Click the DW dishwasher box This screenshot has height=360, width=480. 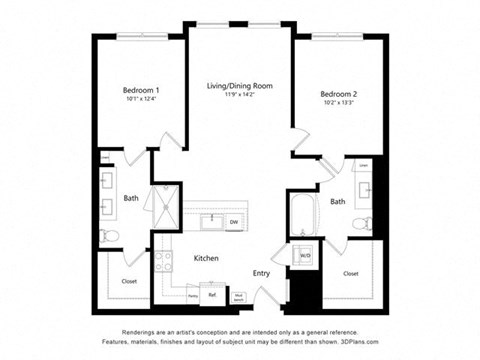(233, 221)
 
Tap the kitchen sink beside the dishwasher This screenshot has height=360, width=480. (213, 221)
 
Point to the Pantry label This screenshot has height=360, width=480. (192, 296)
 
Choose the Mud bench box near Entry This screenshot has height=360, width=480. (239, 296)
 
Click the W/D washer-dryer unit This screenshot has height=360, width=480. (305, 256)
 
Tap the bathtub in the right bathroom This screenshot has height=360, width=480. (303, 214)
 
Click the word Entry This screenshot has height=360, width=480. (261, 273)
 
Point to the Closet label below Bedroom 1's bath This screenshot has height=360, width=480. (128, 281)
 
